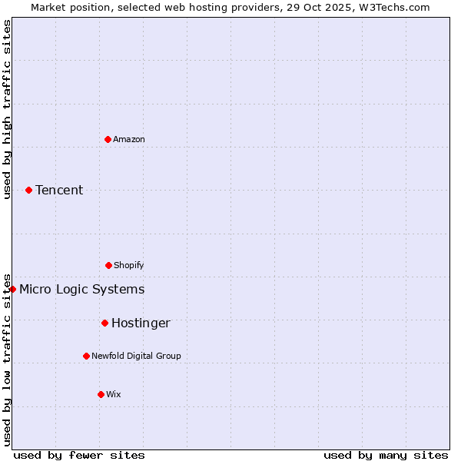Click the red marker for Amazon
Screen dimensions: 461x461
[108, 139]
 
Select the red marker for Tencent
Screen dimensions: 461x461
[28, 190]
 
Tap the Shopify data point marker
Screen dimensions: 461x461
[108, 265]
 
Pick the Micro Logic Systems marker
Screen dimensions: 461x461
[12, 289]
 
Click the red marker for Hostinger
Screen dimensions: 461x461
[104, 323]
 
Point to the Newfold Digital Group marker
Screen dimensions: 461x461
[86, 356]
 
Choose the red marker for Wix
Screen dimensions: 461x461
[101, 394]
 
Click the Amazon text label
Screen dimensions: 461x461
[129, 139]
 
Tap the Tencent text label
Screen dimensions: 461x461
[59, 190]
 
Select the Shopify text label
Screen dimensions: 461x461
[129, 265]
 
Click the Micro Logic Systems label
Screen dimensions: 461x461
[81, 289]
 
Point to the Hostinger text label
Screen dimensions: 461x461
[141, 323]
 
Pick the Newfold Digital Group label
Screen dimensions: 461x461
[136, 356]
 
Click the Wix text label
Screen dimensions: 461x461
[114, 394]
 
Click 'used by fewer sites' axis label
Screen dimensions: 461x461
[79, 455]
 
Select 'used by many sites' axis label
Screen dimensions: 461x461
[386, 455]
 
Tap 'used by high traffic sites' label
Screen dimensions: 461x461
[8, 109]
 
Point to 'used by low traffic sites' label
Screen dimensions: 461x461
[8, 359]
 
